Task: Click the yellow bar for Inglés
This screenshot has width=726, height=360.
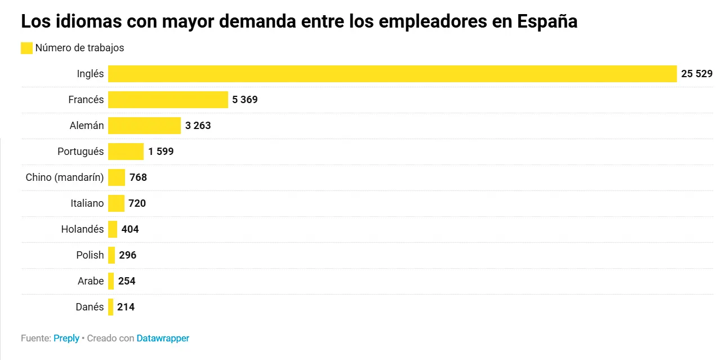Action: [x=392, y=74]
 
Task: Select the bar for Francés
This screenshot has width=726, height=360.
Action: [x=168, y=100]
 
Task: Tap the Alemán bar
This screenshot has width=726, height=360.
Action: [x=144, y=126]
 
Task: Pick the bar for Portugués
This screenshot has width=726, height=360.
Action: [x=126, y=152]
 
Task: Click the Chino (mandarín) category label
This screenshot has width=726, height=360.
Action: [x=65, y=177]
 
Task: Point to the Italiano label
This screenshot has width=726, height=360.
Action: [x=87, y=203]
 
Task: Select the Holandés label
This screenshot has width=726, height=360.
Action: [x=82, y=229]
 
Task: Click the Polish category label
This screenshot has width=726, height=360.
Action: [x=90, y=255]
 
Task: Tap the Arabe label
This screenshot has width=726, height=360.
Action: [x=91, y=281]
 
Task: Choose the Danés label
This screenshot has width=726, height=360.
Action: [x=90, y=307]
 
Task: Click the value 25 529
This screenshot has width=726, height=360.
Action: [x=697, y=74]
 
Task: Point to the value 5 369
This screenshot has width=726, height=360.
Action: [x=244, y=100]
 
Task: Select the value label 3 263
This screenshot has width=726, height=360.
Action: [x=198, y=126]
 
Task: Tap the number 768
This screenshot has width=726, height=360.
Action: [x=138, y=177]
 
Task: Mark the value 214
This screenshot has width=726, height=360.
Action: [x=126, y=307]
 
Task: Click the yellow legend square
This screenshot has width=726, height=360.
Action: [x=26, y=48]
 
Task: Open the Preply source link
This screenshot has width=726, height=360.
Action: [x=66, y=339]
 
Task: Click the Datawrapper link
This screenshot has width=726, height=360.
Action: [x=163, y=339]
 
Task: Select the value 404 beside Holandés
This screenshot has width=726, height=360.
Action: [x=130, y=229]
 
